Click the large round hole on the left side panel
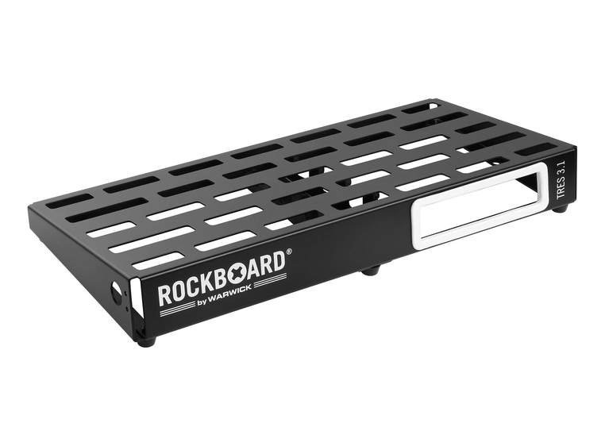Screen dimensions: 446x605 click(x=121, y=292)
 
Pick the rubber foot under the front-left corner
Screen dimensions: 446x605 click(x=145, y=342)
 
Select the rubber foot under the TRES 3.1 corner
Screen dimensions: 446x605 click(x=561, y=209)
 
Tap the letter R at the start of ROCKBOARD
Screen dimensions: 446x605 click(x=164, y=294)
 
